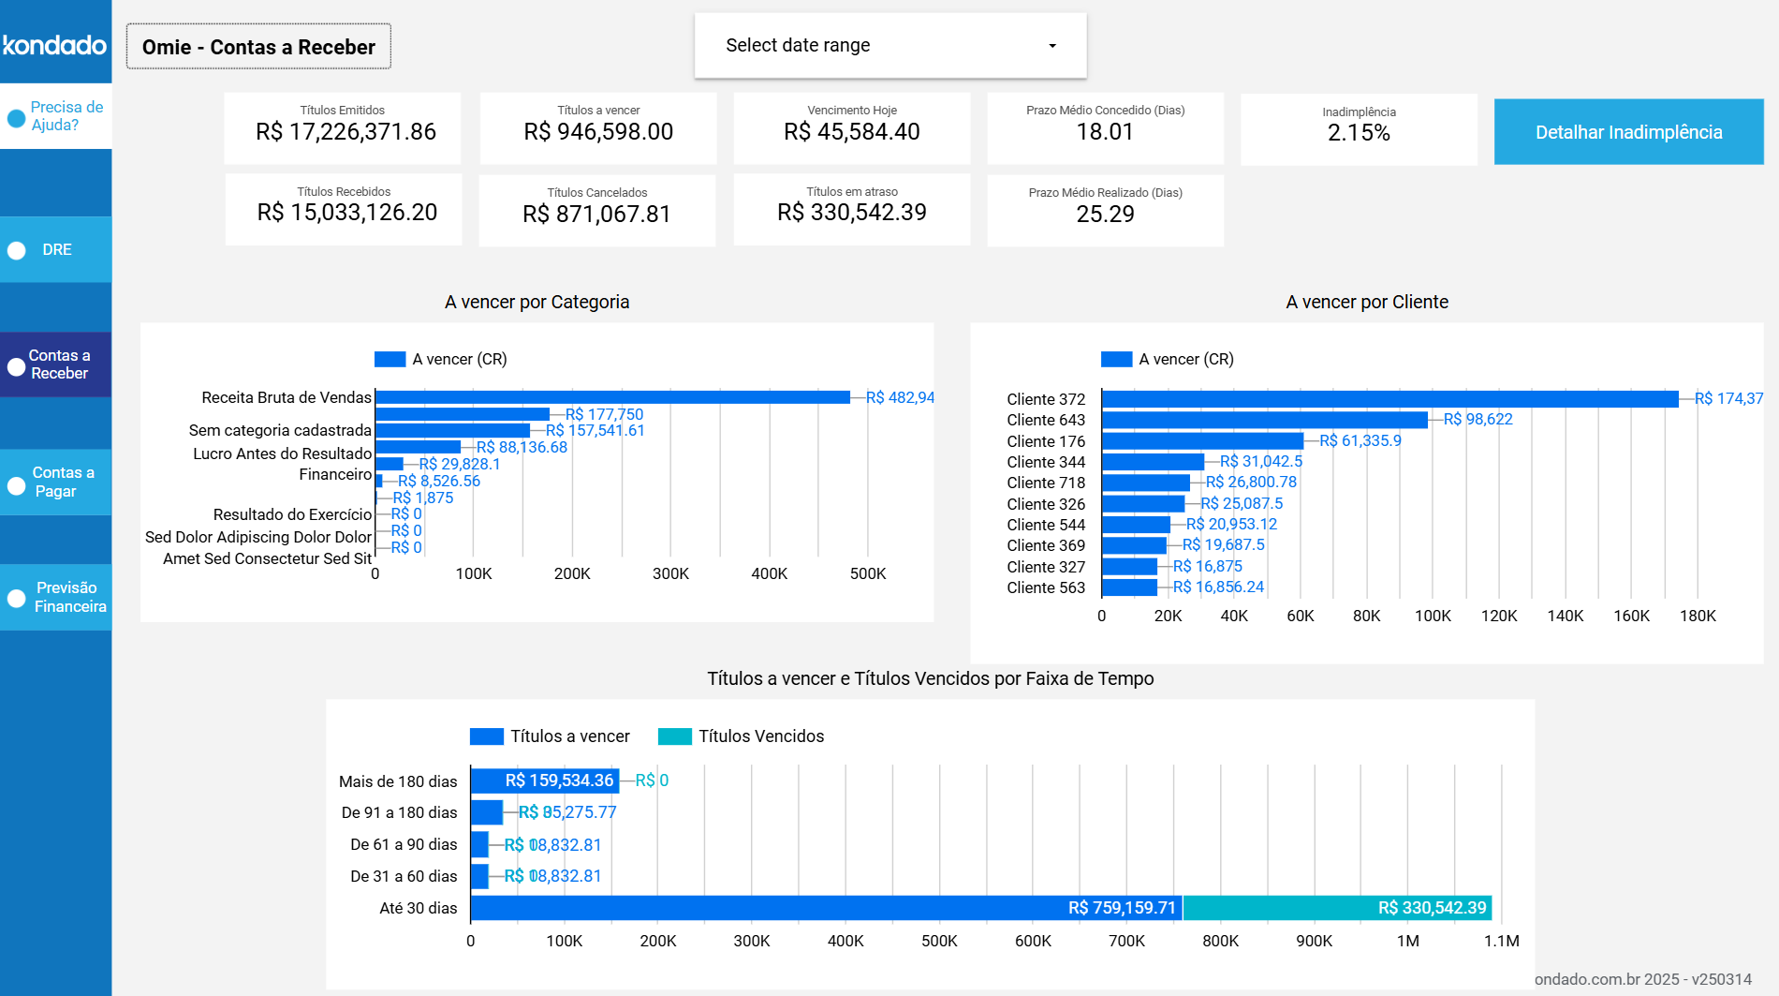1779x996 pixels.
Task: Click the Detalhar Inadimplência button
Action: pyautogui.click(x=1628, y=132)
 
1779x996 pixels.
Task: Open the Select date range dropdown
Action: pyautogui.click(x=889, y=45)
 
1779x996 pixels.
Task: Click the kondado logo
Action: pyautogui.click(x=54, y=44)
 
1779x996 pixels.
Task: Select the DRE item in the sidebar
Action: pyautogui.click(x=55, y=250)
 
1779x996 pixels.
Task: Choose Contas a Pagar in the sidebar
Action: pyautogui.click(x=55, y=482)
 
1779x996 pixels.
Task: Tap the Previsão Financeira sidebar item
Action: pyautogui.click(x=55, y=597)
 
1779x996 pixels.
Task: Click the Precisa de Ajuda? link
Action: pyautogui.click(x=55, y=116)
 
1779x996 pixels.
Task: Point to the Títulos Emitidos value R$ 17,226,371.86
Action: pyautogui.click(x=346, y=132)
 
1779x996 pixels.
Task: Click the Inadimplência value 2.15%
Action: pyautogui.click(x=1358, y=133)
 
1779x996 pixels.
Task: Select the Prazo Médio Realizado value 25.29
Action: pyautogui.click(x=1105, y=215)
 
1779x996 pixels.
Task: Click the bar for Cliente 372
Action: pyautogui.click(x=1389, y=399)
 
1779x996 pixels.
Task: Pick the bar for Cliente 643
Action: pyautogui.click(x=1264, y=420)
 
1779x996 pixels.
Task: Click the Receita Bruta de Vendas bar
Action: pyautogui.click(x=612, y=397)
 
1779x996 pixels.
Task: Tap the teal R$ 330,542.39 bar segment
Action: pyautogui.click(x=1337, y=908)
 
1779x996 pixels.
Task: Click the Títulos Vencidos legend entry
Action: pyautogui.click(x=741, y=736)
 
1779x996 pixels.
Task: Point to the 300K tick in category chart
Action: pyautogui.click(x=670, y=573)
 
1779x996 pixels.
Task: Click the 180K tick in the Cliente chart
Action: pyautogui.click(x=1698, y=616)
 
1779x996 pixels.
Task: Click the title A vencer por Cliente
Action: pyautogui.click(x=1366, y=302)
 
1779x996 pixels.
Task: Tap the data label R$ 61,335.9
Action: pyautogui.click(x=1360, y=440)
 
